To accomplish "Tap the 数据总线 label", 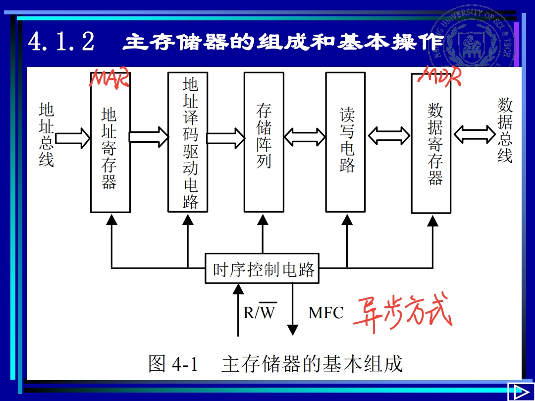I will point(505,130).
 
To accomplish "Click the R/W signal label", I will point(260,312).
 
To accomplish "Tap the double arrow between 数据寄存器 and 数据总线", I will point(474,133).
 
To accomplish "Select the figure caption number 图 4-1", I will point(173,364).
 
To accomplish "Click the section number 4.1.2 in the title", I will point(61,42).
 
